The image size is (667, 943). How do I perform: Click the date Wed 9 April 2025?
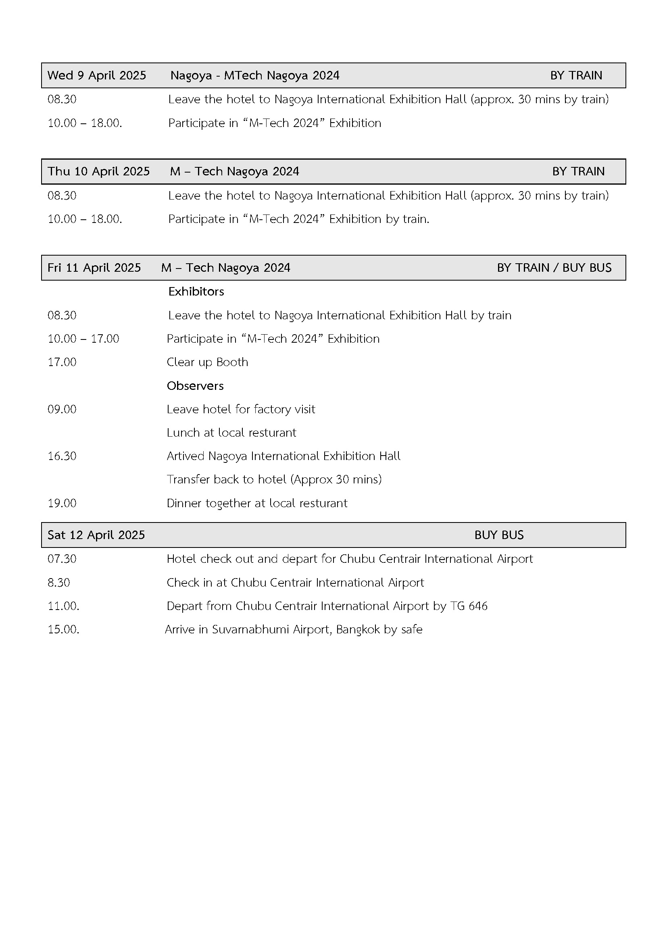pyautogui.click(x=96, y=75)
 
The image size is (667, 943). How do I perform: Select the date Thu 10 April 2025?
pyautogui.click(x=98, y=171)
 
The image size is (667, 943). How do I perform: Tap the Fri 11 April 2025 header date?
pyautogui.click(x=94, y=268)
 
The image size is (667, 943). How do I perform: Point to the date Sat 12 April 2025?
pyautogui.click(x=96, y=535)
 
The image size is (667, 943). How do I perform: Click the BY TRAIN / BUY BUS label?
pyautogui.click(x=554, y=268)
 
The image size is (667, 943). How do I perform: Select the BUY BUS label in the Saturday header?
pyautogui.click(x=498, y=535)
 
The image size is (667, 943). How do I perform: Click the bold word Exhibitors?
pyautogui.click(x=196, y=291)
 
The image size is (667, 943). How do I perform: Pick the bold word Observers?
pyautogui.click(x=195, y=386)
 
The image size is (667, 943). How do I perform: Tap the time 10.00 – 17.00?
pyautogui.click(x=83, y=339)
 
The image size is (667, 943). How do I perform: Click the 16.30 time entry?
pyautogui.click(x=62, y=456)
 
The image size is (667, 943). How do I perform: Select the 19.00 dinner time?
pyautogui.click(x=62, y=503)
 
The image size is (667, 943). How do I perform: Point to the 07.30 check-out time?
pyautogui.click(x=62, y=558)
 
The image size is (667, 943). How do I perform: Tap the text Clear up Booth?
pyautogui.click(x=207, y=362)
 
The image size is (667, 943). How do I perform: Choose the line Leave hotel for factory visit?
pyautogui.click(x=241, y=409)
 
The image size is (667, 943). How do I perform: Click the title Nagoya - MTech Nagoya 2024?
pyautogui.click(x=254, y=75)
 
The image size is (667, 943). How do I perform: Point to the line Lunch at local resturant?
pyautogui.click(x=231, y=433)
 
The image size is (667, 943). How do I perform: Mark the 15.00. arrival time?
pyautogui.click(x=63, y=629)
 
